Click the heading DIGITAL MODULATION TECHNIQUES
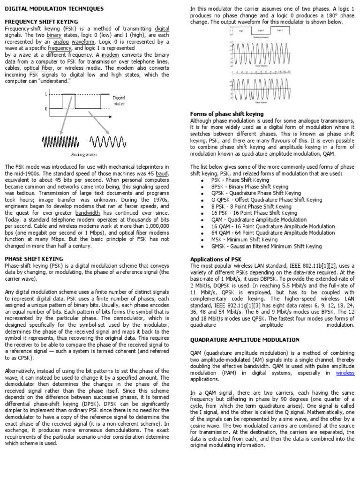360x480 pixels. pyautogui.click(x=54, y=9)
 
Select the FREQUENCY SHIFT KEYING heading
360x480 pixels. pyautogui.click(x=41, y=22)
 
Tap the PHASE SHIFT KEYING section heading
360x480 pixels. pyautogui.click(x=34, y=258)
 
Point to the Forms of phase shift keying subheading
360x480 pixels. pyautogui.click(x=226, y=114)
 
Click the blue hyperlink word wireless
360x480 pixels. pyautogui.click(x=345, y=373)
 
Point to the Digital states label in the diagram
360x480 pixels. pyautogui.click(x=119, y=101)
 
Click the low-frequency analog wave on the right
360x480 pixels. pyautogui.click(x=107, y=141)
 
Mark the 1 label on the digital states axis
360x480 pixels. pyautogui.click(x=45, y=94)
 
